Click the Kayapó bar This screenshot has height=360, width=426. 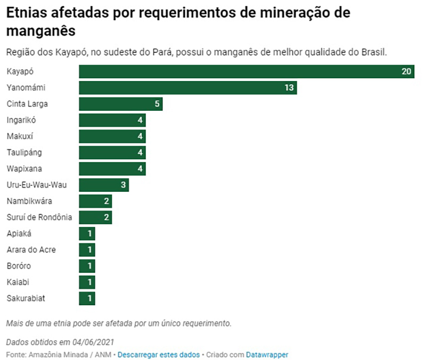pos(246,71)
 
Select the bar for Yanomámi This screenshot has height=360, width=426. pos(187,87)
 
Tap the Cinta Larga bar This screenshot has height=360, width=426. pos(120,104)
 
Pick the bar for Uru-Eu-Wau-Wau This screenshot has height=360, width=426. pos(104,185)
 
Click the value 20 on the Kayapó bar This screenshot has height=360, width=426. pos(407,71)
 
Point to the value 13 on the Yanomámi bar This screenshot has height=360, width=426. pos(289,87)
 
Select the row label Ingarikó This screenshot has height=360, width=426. pos(21,120)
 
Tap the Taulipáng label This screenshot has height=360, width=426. pos(24,152)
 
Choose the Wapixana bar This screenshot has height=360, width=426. pos(112,169)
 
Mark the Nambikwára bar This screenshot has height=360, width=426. pos(95,201)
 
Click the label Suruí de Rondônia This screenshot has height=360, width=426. pos(39,217)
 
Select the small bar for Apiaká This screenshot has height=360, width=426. pos(87,234)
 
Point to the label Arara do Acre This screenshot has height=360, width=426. pos(31,250)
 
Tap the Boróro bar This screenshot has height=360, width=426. pos(87,266)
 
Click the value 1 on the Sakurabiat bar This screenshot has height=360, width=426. pos(90,298)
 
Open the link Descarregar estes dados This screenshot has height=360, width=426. pos(159,354)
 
